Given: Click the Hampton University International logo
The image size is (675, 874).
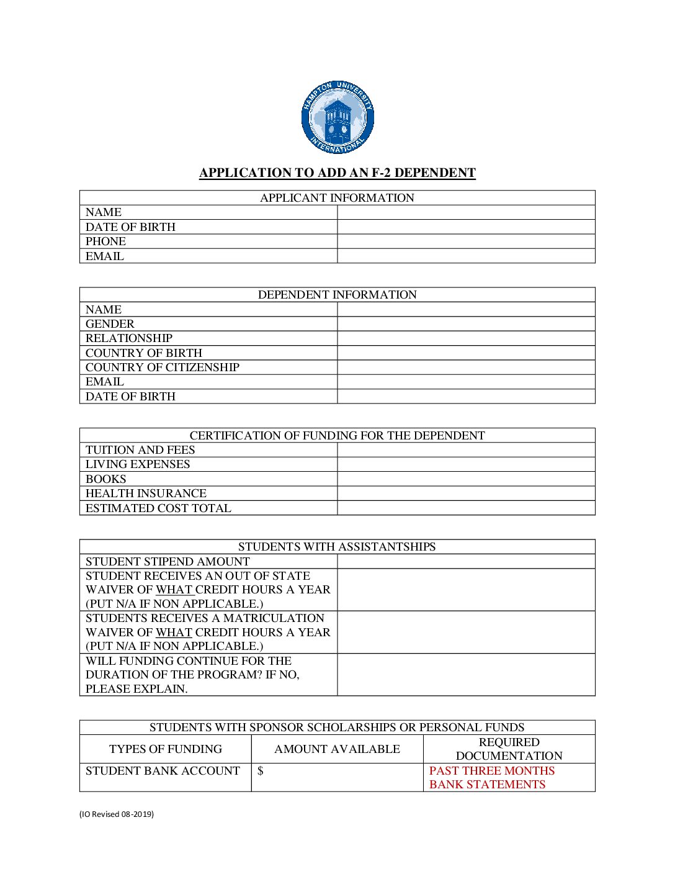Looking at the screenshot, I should pos(337,117).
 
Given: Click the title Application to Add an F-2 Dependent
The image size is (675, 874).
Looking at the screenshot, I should pos(337,173).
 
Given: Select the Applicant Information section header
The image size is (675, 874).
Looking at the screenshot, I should pos(337,198).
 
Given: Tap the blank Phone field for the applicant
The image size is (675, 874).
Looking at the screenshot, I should pos(466,241).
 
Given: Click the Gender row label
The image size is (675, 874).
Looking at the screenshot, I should pos(110,324).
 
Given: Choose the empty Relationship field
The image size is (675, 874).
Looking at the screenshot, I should pos(466,338).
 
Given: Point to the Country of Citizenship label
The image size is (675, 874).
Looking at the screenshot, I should pos(163,367).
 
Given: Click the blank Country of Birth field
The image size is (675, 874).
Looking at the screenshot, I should pos(466,353).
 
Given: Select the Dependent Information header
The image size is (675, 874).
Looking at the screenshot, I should pos(337,295).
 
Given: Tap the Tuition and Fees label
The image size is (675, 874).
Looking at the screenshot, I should pos(140,450).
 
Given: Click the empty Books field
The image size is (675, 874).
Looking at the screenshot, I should pos(466,479).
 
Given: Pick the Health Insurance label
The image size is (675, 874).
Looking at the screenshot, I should pos(146,493).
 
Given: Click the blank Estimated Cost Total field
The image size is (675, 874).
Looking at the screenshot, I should pos(466,508).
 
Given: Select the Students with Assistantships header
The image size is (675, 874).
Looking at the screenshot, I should pos(337,547).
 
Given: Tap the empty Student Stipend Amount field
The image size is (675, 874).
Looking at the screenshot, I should pos(466,562).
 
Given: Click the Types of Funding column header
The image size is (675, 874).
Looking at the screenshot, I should pos(166,749).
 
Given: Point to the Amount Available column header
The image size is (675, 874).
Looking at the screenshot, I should pos(337,749).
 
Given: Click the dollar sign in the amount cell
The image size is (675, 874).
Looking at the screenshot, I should pos(261,771).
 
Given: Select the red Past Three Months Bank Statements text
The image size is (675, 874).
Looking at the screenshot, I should pos(491,778).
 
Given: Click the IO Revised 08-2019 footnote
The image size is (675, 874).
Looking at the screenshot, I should pos(117,814).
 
